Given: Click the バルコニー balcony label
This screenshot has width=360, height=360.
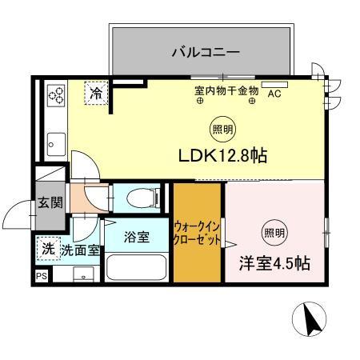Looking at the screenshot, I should [x=205, y=54].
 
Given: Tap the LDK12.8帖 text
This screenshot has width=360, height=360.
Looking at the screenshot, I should [x=222, y=157].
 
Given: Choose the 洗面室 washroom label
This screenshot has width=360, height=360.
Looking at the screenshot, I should [x=82, y=250].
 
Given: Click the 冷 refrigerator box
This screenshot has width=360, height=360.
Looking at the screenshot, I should [x=96, y=94].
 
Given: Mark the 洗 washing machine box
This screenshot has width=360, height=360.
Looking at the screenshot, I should [x=49, y=249].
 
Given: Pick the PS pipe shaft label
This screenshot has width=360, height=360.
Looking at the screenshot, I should [x=42, y=275].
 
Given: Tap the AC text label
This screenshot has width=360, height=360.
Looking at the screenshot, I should [x=274, y=94].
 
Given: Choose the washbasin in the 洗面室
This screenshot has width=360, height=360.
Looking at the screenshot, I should [x=82, y=274].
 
